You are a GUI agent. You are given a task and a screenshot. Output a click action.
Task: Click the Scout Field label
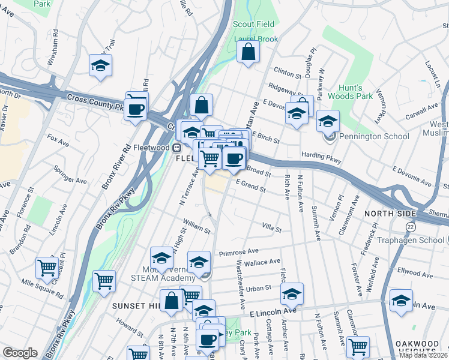point(254,25)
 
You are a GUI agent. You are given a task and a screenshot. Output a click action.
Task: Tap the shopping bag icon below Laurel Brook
point(248,53)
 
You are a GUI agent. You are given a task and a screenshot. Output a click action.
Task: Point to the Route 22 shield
point(411,226)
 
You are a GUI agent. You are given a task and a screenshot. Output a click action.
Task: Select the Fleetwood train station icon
point(177,148)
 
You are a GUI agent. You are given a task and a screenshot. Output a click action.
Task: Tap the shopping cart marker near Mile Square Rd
point(47,268)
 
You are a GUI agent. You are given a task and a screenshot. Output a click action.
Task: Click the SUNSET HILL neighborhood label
point(133,306)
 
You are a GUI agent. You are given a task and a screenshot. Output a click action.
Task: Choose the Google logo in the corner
point(20,353)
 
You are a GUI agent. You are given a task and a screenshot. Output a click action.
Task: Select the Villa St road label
point(272,227)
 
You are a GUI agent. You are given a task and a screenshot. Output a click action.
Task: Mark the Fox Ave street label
point(58,141)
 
